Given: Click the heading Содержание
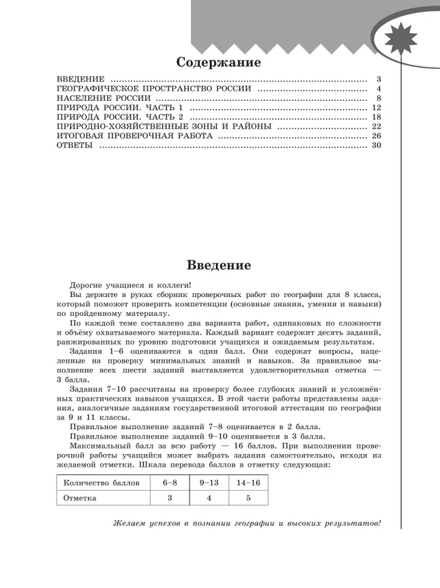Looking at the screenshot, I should [x=218, y=63].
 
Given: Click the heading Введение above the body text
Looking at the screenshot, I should [x=219, y=265].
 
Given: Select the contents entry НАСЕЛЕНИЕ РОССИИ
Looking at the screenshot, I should [x=99, y=99].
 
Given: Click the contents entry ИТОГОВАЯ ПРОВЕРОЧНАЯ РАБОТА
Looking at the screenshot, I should [x=135, y=137].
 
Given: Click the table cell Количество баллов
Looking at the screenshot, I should [x=101, y=483].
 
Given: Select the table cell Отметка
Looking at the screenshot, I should [x=80, y=497].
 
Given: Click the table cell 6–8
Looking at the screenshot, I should [x=169, y=483].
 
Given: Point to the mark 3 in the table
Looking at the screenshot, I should [x=169, y=497].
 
